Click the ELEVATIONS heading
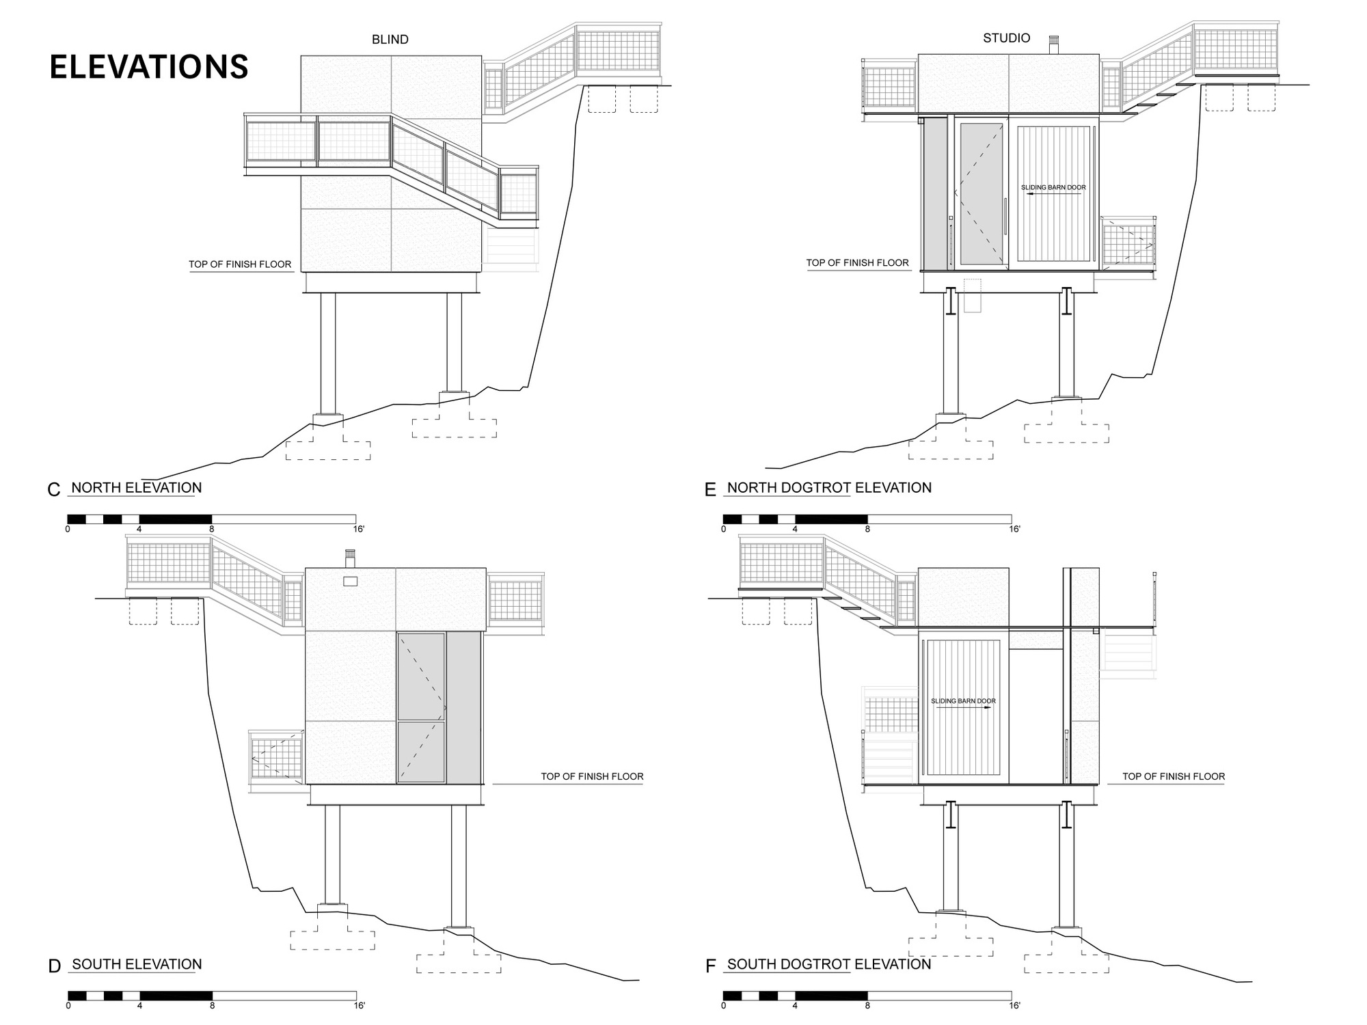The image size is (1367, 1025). pyautogui.click(x=149, y=67)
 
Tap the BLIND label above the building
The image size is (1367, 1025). pyautogui.click(x=390, y=40)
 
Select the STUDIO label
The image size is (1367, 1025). pyautogui.click(x=1006, y=38)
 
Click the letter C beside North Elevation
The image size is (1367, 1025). pyautogui.click(x=55, y=490)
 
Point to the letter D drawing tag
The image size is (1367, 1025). pyautogui.click(x=55, y=966)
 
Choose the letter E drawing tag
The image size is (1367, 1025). pyautogui.click(x=710, y=490)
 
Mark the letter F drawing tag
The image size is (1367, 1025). pyautogui.click(x=710, y=966)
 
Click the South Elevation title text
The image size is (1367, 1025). pyautogui.click(x=137, y=964)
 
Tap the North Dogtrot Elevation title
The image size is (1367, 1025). pyautogui.click(x=829, y=488)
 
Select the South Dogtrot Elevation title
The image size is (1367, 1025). pyautogui.click(x=829, y=964)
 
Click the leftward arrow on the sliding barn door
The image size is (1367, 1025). pyautogui.click(x=1053, y=194)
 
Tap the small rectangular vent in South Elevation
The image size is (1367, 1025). pyautogui.click(x=350, y=581)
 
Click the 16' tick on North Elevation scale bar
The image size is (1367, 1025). pyautogui.click(x=359, y=529)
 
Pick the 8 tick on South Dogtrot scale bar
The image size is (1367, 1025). pyautogui.click(x=867, y=1005)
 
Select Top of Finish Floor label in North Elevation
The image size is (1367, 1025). pyautogui.click(x=240, y=264)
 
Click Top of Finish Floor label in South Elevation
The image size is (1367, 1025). pyautogui.click(x=592, y=776)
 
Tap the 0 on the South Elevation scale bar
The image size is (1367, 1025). pyautogui.click(x=68, y=1005)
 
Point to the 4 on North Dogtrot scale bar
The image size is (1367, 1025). pyautogui.click(x=795, y=529)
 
